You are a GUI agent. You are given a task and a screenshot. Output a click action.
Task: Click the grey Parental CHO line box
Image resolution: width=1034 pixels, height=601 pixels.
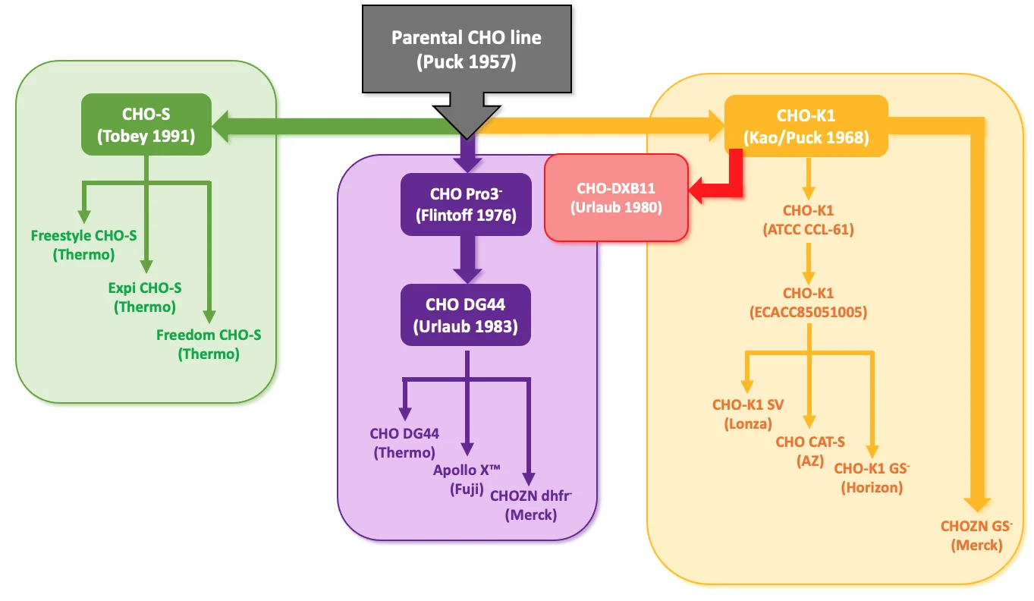tap(466, 49)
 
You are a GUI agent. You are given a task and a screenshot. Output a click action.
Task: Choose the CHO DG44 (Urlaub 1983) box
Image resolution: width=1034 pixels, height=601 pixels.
tap(466, 316)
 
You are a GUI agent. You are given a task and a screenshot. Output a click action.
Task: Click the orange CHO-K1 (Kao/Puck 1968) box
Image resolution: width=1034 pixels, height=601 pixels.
tap(806, 126)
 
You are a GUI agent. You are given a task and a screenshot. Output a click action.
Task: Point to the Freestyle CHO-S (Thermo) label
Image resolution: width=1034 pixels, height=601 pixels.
tap(83, 244)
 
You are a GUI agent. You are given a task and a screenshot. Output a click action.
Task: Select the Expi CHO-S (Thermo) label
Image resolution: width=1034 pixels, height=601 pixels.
tap(144, 297)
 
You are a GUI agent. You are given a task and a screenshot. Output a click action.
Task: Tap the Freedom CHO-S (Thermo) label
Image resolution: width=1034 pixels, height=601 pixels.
tap(209, 344)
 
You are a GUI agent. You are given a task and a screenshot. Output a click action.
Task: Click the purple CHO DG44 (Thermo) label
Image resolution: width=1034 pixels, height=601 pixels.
tap(404, 443)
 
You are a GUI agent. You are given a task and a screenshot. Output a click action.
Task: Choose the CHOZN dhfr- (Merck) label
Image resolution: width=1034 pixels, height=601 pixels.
tap(531, 505)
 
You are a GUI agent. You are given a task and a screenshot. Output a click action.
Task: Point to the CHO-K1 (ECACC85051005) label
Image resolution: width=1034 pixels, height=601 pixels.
tap(809, 302)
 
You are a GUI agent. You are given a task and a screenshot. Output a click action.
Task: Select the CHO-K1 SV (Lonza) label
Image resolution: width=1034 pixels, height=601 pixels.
tap(748, 414)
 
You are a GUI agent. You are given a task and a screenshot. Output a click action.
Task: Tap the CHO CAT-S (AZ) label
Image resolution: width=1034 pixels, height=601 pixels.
tap(810, 451)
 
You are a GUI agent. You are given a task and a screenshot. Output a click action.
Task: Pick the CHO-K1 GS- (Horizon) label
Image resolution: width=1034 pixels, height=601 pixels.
tap(872, 477)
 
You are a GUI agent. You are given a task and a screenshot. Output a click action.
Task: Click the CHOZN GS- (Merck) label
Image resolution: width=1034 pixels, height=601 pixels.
tap(977, 535)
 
